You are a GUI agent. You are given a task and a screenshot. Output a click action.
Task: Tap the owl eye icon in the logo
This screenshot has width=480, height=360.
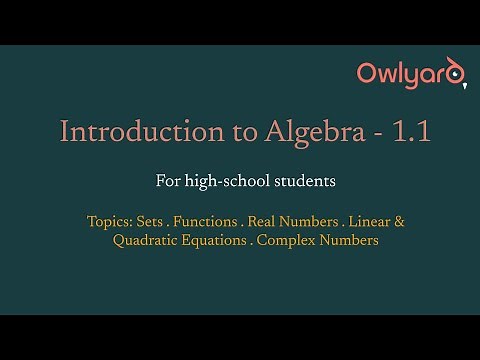456,73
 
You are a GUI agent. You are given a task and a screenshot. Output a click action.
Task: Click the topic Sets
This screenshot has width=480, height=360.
150,220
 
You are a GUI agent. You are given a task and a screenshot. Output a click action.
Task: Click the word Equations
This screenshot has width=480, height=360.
216,240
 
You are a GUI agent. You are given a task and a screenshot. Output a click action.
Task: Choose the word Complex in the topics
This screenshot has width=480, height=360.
286,240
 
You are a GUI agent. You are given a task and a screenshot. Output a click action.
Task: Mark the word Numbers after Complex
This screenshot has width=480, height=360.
350,240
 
